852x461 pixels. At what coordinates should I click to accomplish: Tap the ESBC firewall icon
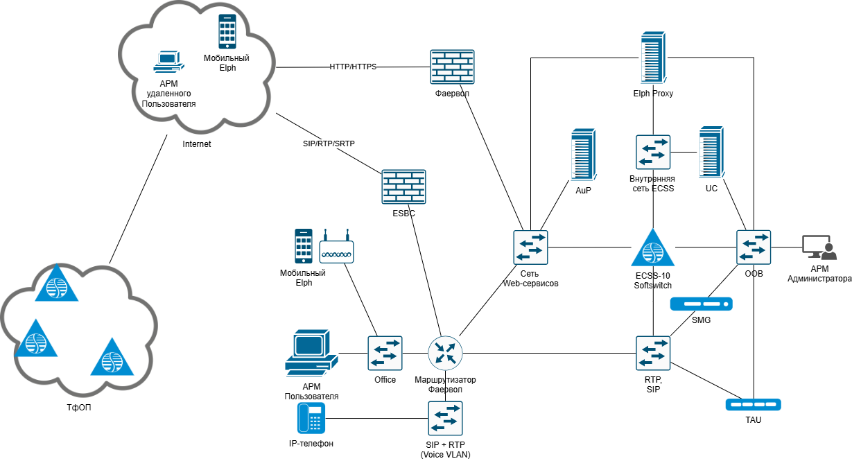(403, 187)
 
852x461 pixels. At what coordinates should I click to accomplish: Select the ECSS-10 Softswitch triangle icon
(652, 248)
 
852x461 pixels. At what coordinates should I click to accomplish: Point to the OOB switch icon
(754, 247)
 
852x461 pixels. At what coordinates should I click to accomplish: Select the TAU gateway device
(753, 404)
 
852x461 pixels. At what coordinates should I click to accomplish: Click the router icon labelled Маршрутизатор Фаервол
(444, 353)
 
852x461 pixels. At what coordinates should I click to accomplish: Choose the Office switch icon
(385, 353)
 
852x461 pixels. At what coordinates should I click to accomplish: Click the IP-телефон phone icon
(311, 418)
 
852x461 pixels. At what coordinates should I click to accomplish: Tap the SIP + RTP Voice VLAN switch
(445, 418)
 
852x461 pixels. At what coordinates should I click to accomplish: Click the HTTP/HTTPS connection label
(353, 67)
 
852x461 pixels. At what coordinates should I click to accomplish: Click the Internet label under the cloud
(196, 144)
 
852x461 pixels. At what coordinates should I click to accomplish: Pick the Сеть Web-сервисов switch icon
(530, 247)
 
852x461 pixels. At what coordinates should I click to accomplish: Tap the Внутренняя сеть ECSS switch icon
(653, 152)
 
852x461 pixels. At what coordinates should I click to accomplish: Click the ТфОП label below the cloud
(78, 408)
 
